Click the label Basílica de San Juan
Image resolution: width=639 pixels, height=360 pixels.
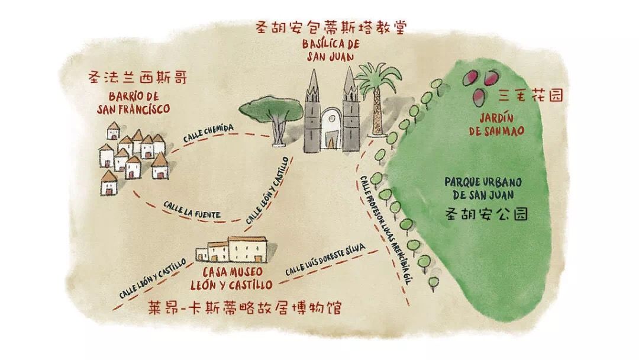coord(327,50)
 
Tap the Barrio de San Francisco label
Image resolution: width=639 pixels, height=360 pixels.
coord(134,103)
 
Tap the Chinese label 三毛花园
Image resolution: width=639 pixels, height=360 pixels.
coord(531,95)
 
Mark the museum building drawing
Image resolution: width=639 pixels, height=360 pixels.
coord(232,249)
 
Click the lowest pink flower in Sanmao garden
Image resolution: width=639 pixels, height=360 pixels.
coord(480,95)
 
